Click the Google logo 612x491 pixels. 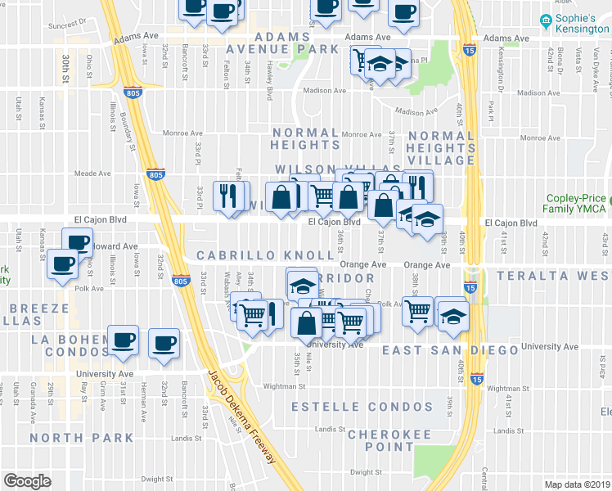[x=28, y=481]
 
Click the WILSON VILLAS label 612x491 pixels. [x=317, y=169]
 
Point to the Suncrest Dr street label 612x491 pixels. [x=66, y=25]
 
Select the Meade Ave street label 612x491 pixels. [x=92, y=173]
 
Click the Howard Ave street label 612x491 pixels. [x=115, y=245]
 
